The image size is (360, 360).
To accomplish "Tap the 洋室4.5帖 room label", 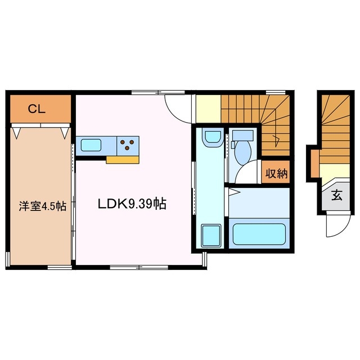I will point(42,206).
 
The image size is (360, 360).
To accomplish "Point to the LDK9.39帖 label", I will point(132,204).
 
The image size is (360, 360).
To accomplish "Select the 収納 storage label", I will point(276,173).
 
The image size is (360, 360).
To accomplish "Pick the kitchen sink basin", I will point(91,145).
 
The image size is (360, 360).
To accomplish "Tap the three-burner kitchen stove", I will point(128,145).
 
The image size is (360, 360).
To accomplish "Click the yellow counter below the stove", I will point(123,160).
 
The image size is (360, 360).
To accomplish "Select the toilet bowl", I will point(244,151).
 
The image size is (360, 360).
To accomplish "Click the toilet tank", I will point(243,136).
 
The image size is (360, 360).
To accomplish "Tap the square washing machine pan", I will point(211,235).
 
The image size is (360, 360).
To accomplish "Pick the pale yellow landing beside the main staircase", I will point(208,109).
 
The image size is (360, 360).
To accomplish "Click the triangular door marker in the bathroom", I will point(233,192).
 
